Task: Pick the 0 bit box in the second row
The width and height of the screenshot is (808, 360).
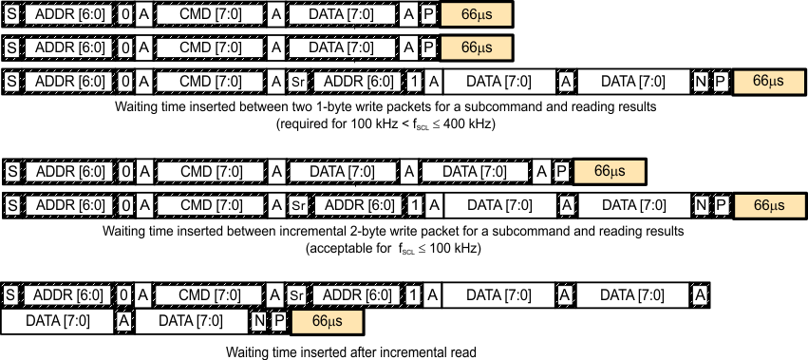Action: [126, 47]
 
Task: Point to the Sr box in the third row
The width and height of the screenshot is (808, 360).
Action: [297, 82]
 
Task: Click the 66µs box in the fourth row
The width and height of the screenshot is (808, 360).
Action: [609, 171]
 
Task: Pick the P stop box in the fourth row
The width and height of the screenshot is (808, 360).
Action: [561, 171]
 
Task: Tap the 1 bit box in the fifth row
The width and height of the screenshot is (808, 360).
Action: [415, 204]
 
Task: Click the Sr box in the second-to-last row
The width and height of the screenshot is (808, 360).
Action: [297, 295]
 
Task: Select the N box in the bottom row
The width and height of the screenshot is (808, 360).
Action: [258, 321]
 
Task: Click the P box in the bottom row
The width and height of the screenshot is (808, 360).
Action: [279, 321]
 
